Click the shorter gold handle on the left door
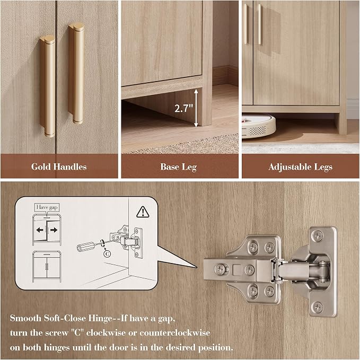(48, 86)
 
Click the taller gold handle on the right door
(76, 73)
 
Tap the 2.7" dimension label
(183, 108)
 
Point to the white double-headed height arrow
(196, 108)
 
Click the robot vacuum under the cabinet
(259, 126)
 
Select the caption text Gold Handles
(59, 166)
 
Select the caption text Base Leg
(178, 167)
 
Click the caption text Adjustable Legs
(300, 167)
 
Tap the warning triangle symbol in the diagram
(143, 212)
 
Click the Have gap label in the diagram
(47, 207)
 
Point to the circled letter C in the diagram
(107, 254)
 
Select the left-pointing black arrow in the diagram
(40, 230)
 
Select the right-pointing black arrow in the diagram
(54, 230)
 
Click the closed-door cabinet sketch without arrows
(47, 267)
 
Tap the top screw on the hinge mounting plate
(318, 236)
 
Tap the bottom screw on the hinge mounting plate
(318, 307)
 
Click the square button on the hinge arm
(237, 270)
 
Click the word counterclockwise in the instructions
(175, 332)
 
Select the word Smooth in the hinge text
(25, 318)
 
